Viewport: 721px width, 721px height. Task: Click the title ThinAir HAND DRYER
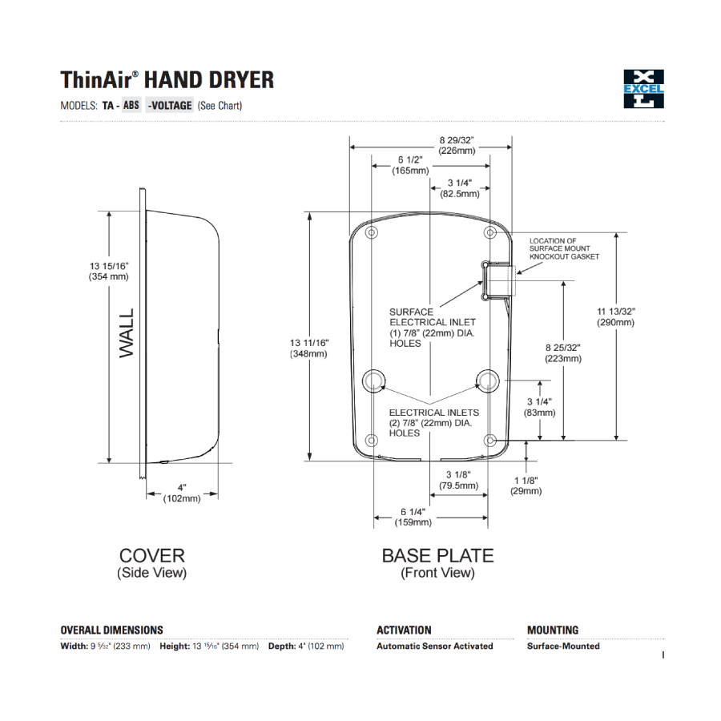coord(167,80)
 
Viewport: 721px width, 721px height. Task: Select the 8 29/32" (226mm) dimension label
coord(457,145)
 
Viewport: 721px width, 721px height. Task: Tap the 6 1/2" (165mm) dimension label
coord(410,165)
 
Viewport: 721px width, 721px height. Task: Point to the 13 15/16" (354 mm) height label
coord(109,271)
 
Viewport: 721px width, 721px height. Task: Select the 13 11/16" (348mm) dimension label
coord(308,348)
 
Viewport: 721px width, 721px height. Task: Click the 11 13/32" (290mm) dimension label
coord(615,316)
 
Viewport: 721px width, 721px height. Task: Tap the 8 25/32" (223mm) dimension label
coord(562,353)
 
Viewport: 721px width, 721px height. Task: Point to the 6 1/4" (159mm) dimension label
coord(413,517)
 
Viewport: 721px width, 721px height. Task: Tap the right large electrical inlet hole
coord(486,381)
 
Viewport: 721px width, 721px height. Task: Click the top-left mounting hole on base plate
coord(371,232)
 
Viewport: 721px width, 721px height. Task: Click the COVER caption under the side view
coord(151,555)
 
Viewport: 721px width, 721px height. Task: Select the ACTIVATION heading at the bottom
coord(404,630)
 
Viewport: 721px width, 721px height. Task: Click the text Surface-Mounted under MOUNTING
coord(562,646)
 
